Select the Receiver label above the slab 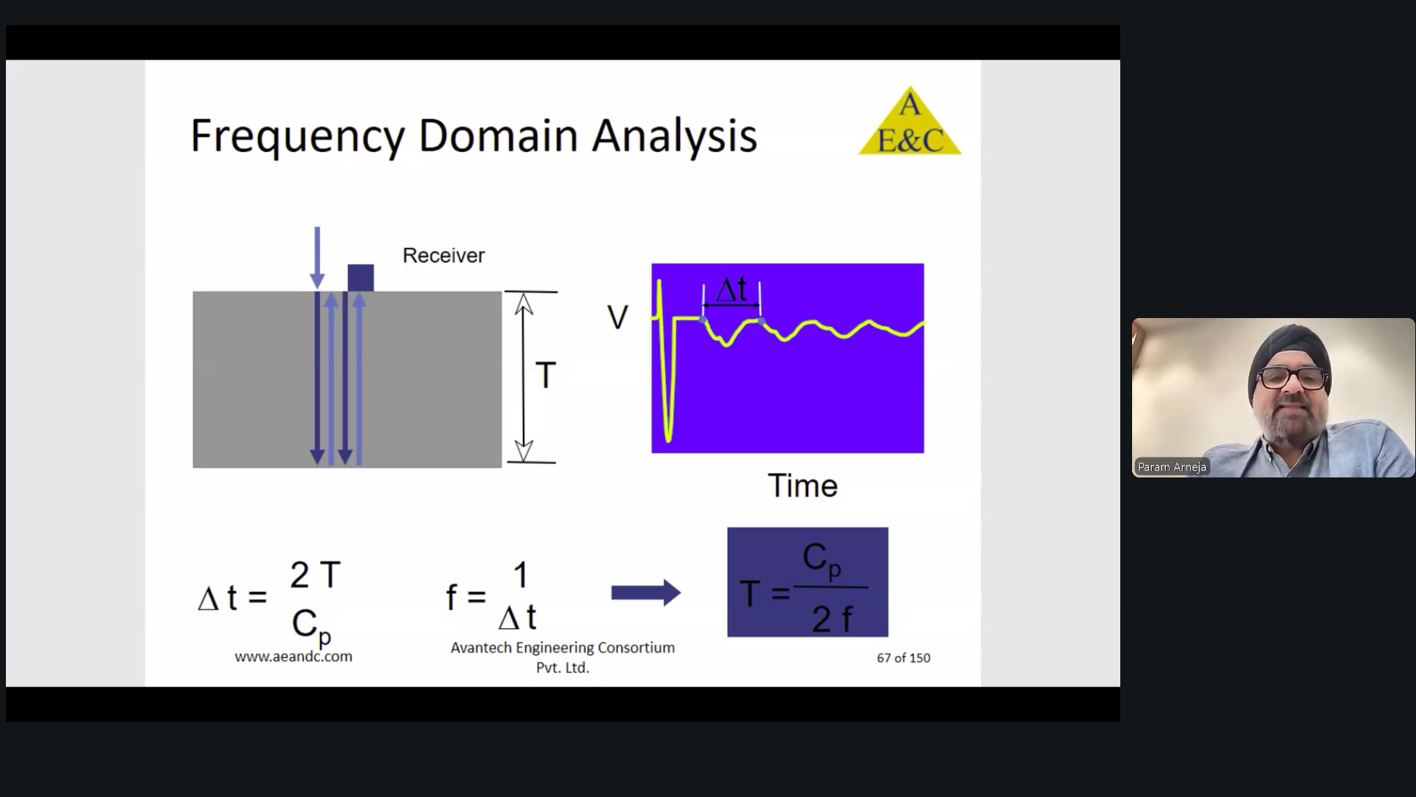(x=443, y=255)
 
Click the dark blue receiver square (x=361, y=277)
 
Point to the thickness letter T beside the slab (x=545, y=376)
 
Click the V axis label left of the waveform (x=617, y=317)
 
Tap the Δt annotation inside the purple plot (x=732, y=289)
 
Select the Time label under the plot (x=802, y=486)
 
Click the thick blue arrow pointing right (x=645, y=593)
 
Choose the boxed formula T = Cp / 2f (x=808, y=582)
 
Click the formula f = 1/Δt (x=491, y=595)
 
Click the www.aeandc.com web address (x=294, y=656)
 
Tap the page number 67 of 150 (x=903, y=658)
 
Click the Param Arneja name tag (x=1172, y=466)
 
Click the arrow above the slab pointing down (x=317, y=258)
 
